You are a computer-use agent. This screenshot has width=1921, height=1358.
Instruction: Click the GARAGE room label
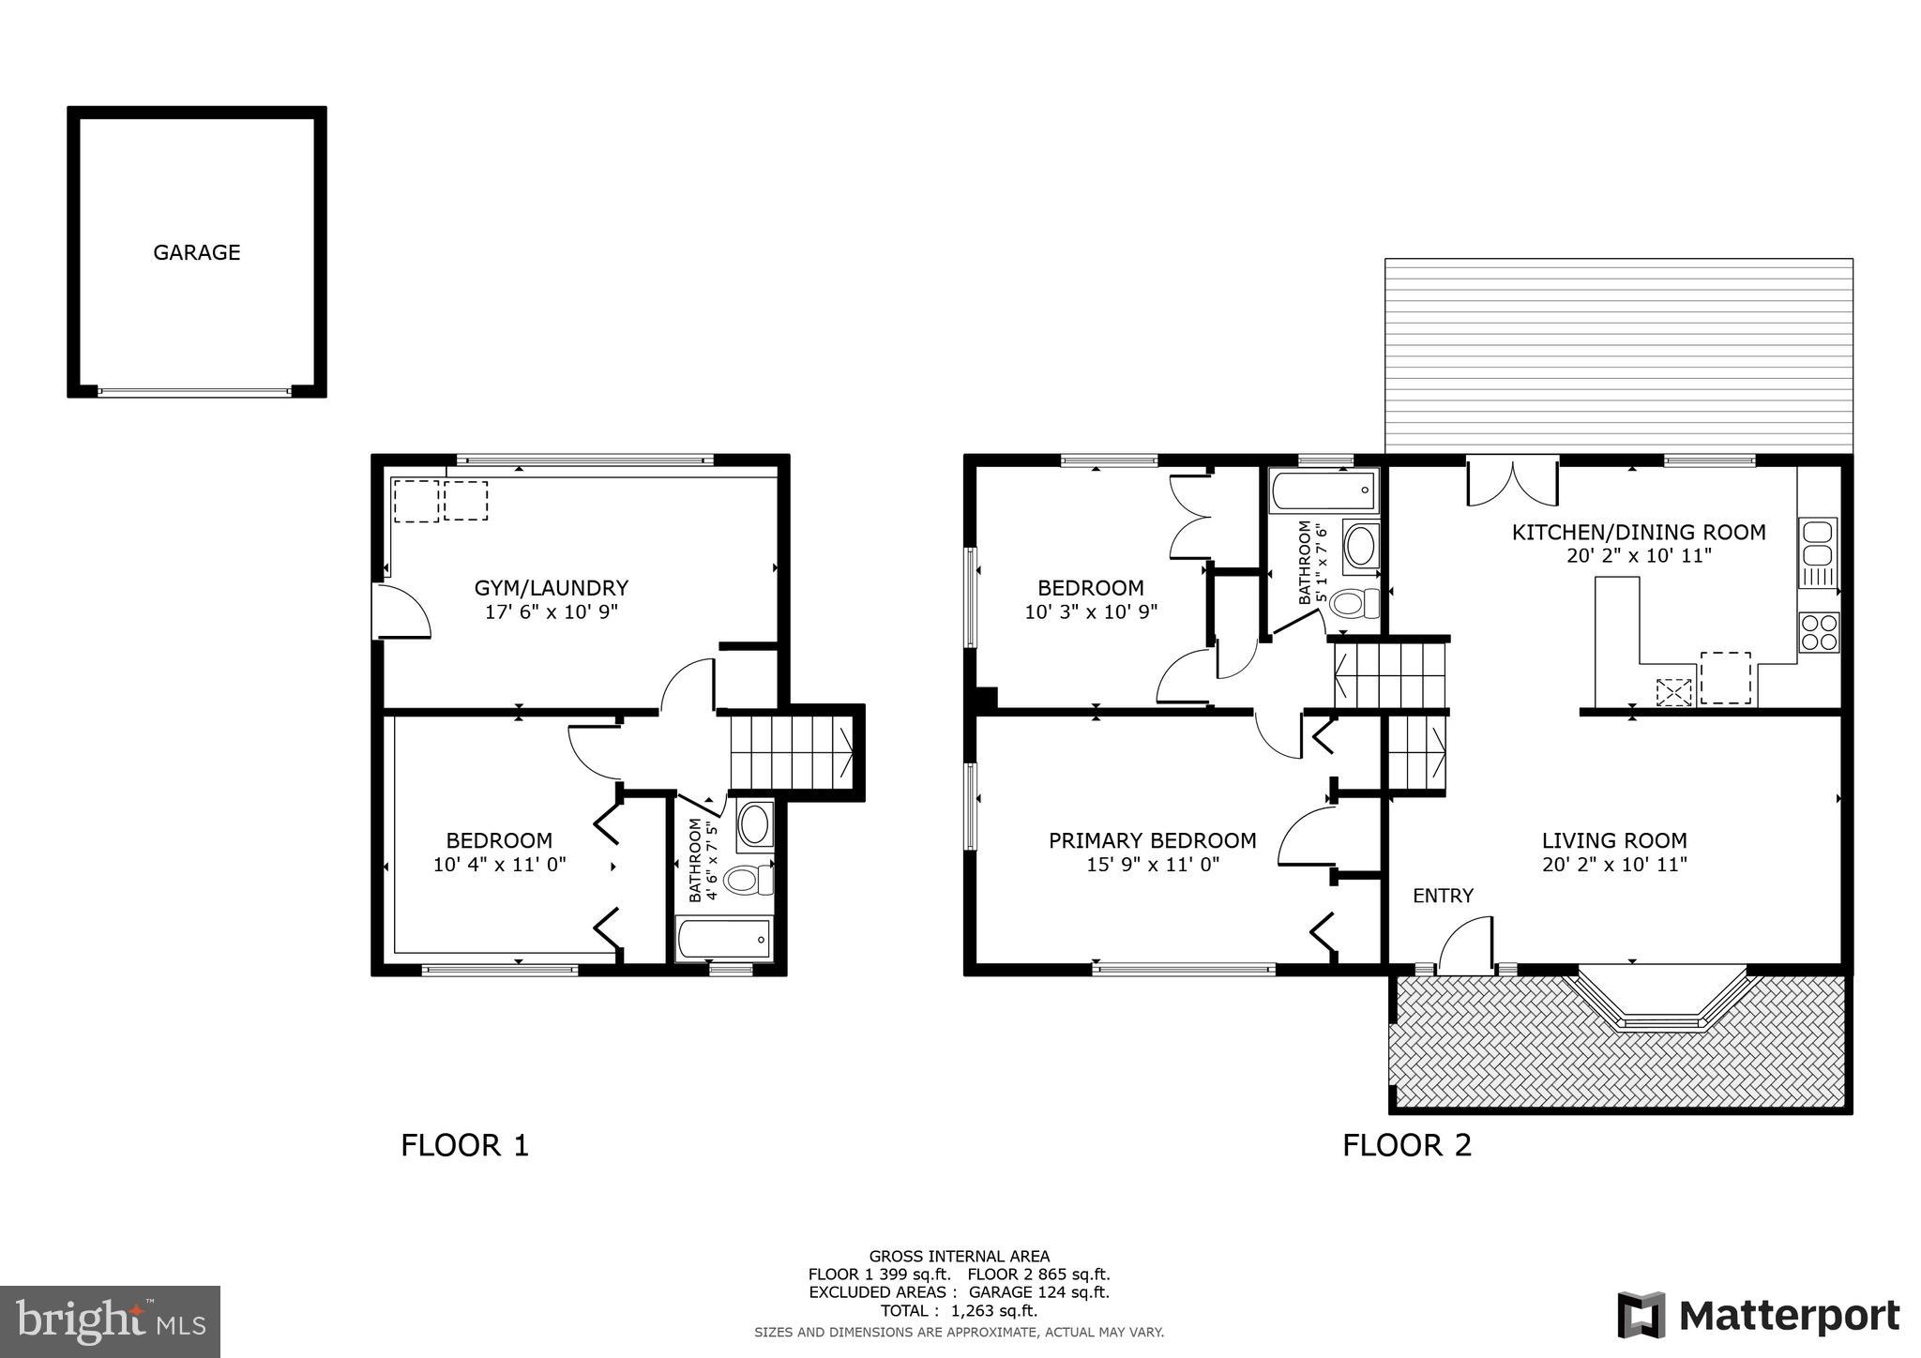197,252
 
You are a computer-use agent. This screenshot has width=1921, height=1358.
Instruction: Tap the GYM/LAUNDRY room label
551,588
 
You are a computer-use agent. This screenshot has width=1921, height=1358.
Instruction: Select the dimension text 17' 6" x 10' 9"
551,612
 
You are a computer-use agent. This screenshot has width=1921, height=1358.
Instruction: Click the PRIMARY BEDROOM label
1152,840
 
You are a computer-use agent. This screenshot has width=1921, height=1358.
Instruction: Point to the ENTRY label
1443,896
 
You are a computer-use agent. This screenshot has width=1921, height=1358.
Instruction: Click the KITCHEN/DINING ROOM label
1638,533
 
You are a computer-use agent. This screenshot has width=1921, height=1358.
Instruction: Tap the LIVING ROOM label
1614,840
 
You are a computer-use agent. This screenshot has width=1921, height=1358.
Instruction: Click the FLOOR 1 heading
465,1145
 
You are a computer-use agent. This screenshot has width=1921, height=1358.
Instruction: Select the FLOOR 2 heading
1407,1145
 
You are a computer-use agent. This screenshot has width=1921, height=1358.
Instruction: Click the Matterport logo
1758,1316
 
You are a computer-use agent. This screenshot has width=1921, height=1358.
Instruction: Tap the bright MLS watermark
110,1321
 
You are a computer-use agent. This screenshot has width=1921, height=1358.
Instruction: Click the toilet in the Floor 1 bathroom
748,881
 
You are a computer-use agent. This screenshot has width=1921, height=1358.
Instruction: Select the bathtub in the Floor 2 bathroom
1324,490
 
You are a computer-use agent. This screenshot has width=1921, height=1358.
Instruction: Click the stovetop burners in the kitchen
1818,632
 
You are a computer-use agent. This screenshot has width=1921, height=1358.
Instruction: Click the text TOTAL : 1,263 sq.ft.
959,1310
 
